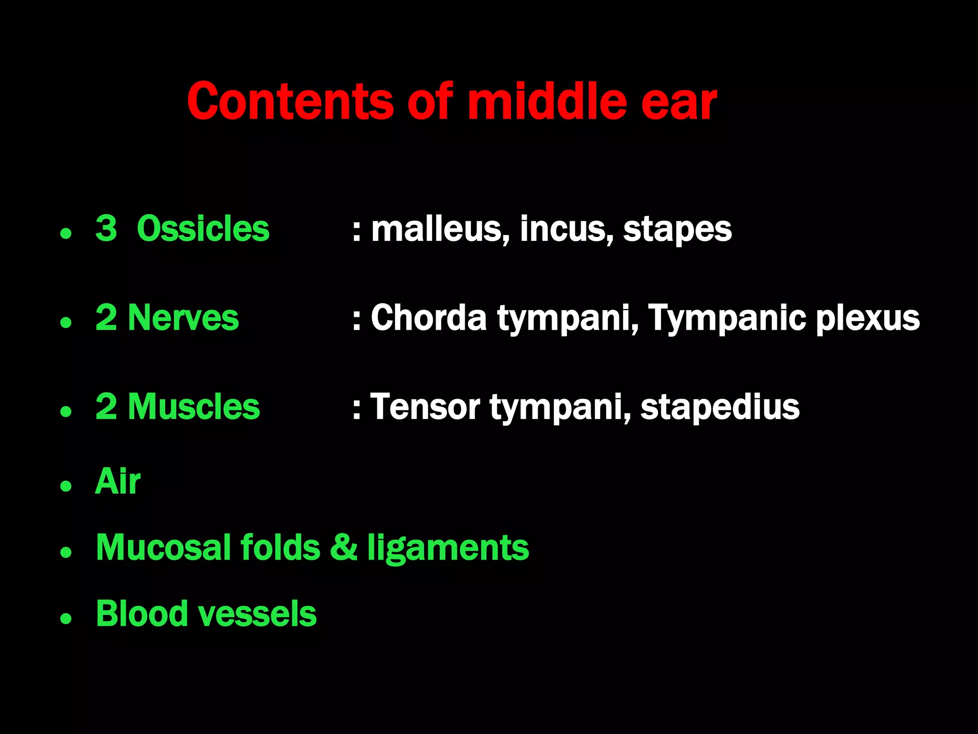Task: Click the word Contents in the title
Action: [x=290, y=101]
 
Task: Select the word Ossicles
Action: [x=203, y=228]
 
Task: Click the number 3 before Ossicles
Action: [x=106, y=228]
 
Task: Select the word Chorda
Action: [x=428, y=318]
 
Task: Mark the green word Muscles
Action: [x=193, y=407]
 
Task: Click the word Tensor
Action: [x=425, y=407]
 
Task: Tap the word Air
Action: [x=118, y=481]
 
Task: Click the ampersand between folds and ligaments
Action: [x=343, y=548]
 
